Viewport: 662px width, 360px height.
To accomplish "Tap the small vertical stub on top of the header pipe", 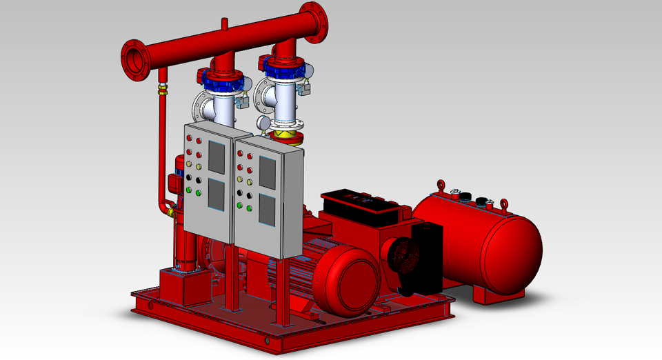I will (x=224, y=25).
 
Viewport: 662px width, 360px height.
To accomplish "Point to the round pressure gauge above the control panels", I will (x=263, y=122).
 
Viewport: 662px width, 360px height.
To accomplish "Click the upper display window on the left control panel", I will (x=216, y=158).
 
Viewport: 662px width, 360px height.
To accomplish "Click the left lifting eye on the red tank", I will (x=439, y=186).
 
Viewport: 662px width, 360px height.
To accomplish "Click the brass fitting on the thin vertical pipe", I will (x=163, y=89).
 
